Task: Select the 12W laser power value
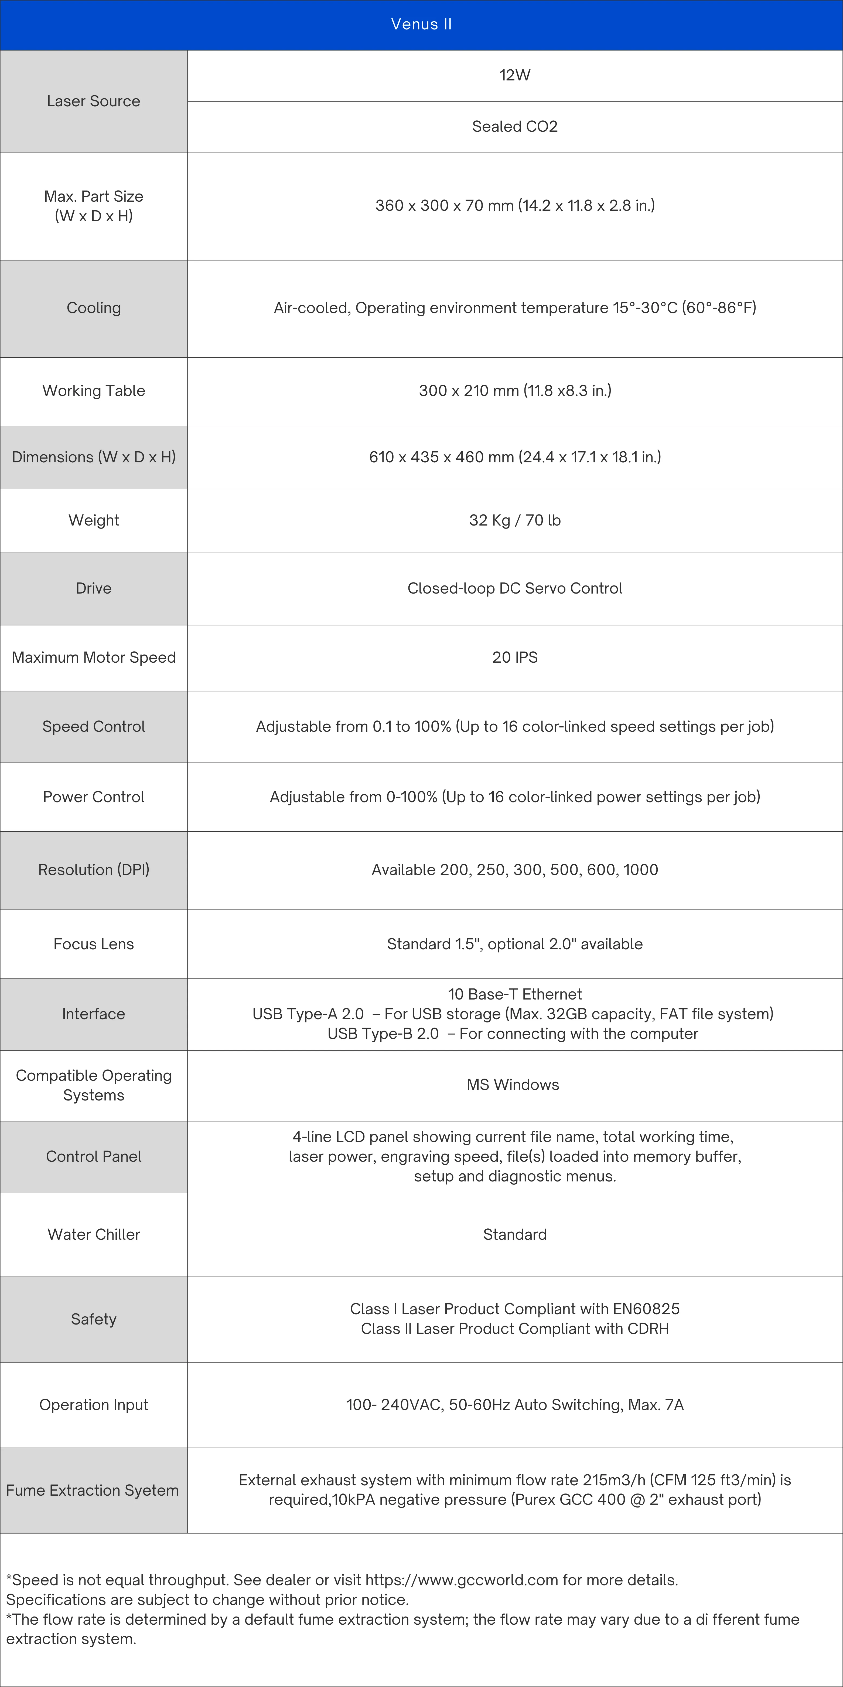click(x=514, y=75)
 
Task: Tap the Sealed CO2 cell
click(x=514, y=126)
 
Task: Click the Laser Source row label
click(x=94, y=101)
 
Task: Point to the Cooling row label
click(x=94, y=308)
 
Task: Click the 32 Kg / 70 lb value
click(x=514, y=520)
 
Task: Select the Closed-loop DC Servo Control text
click(x=514, y=588)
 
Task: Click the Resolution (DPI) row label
click(x=94, y=870)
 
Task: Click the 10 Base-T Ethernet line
click(x=514, y=994)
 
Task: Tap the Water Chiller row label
click(x=94, y=1234)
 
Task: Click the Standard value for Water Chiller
click(x=514, y=1234)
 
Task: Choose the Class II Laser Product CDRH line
click(x=514, y=1329)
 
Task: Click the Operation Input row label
click(x=94, y=1405)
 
